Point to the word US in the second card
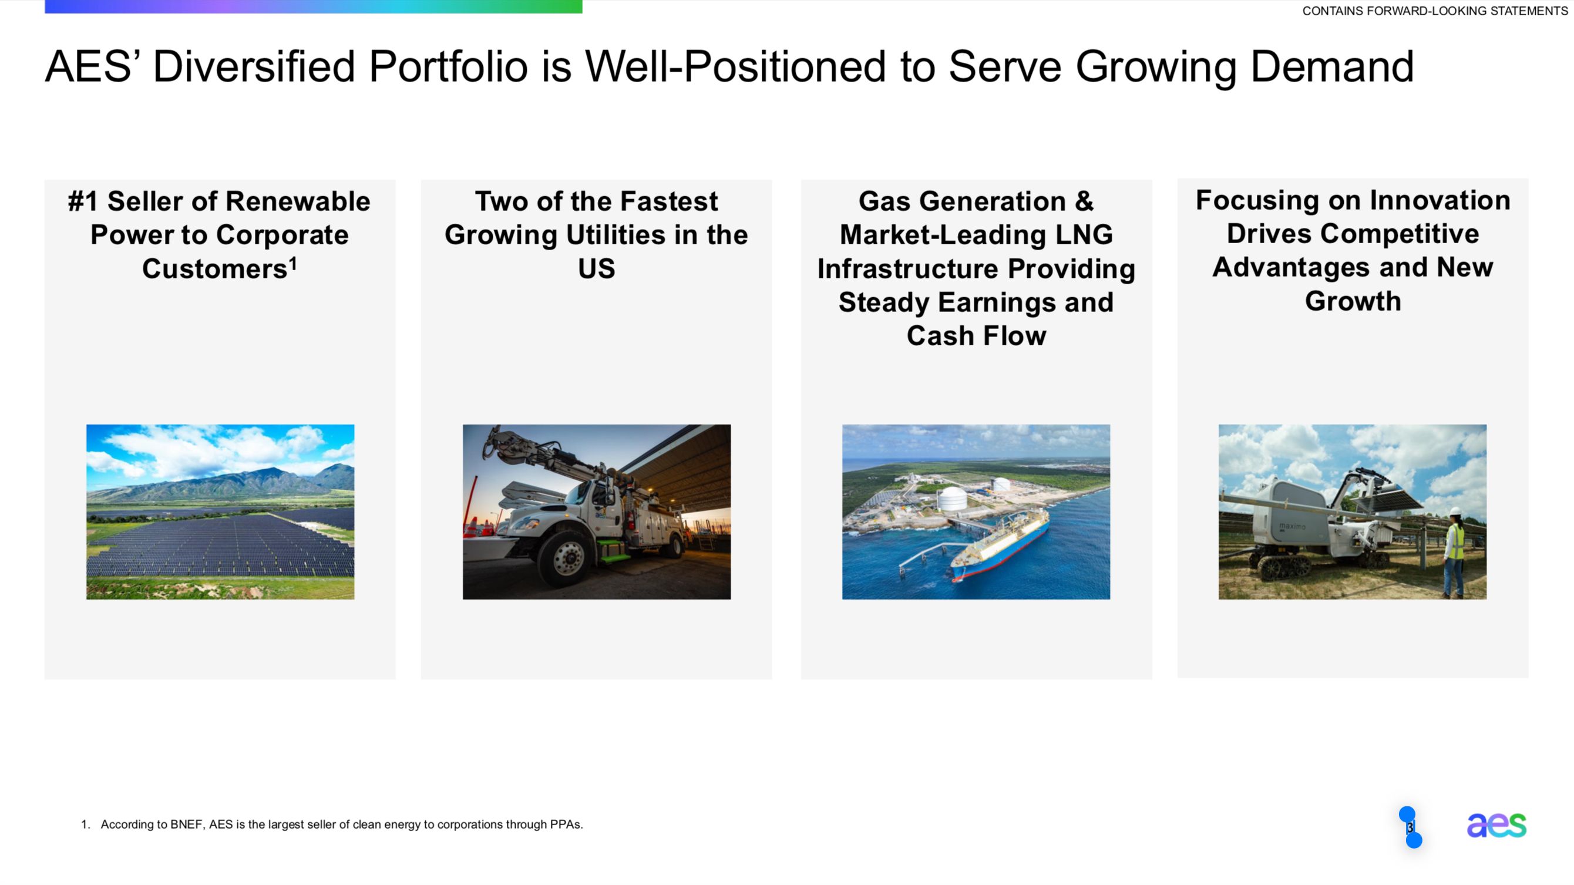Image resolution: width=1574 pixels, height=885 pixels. pyautogui.click(x=596, y=269)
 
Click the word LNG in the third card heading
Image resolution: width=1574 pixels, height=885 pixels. pyautogui.click(x=1084, y=235)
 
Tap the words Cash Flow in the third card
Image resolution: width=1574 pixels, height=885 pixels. pyautogui.click(x=976, y=336)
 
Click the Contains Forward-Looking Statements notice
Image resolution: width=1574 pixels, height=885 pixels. pyautogui.click(x=1435, y=11)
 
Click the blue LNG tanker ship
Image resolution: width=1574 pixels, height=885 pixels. pyautogui.click(x=1000, y=544)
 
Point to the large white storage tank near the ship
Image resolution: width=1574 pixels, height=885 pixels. pyautogui.click(x=952, y=500)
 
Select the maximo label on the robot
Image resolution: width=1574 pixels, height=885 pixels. pyautogui.click(x=1292, y=526)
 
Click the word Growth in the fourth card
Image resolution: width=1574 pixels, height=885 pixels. pyautogui.click(x=1353, y=301)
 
